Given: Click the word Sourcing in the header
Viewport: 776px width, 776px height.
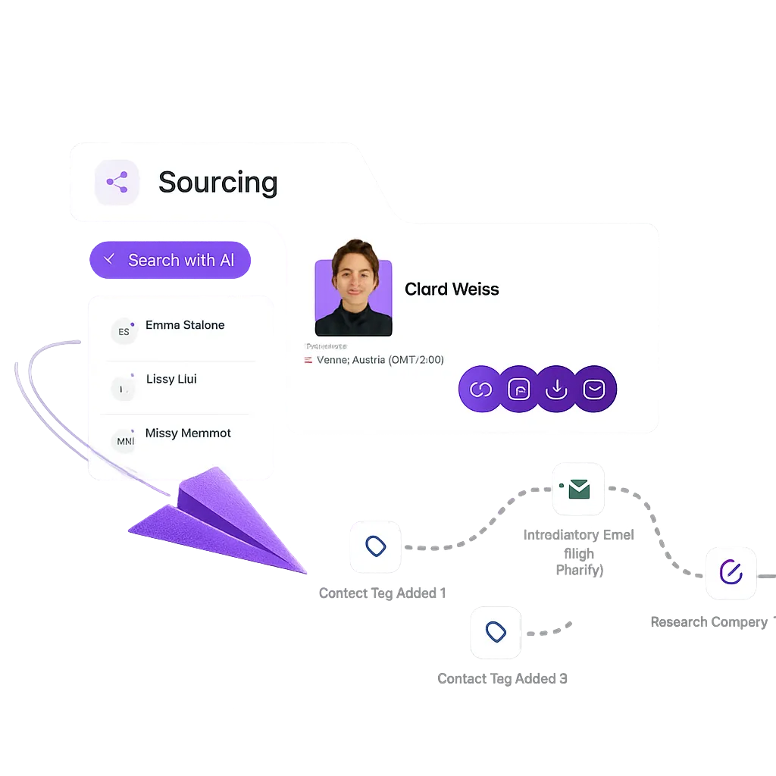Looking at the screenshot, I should pos(217,183).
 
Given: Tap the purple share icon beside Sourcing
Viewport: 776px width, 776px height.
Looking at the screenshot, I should pos(117,182).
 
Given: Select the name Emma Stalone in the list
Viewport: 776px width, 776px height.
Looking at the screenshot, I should pos(185,325).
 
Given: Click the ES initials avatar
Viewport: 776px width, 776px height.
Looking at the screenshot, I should pos(124,331).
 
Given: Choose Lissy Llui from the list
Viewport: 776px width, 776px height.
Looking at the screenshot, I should pos(171,379).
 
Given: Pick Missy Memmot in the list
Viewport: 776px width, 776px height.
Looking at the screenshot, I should pos(188,433).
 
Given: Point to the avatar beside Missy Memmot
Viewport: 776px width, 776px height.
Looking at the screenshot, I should pos(124,440).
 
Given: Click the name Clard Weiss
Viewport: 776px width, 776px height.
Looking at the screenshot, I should pos(452,289).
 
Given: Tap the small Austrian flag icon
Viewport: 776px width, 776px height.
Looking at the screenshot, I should pos(308,361).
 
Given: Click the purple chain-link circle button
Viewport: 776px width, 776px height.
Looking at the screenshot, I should pos(480,390).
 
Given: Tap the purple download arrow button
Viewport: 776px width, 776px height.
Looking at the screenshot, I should pos(557,390).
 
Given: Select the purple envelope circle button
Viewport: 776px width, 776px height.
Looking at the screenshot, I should pos(595,390).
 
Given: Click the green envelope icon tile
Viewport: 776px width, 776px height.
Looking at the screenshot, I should pos(579,490).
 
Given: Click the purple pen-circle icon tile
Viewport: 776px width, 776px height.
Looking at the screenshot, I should pos(731,573).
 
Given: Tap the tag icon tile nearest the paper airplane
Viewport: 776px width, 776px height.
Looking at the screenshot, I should pos(375,546).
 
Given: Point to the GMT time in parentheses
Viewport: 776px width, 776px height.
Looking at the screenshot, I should pos(416,360).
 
